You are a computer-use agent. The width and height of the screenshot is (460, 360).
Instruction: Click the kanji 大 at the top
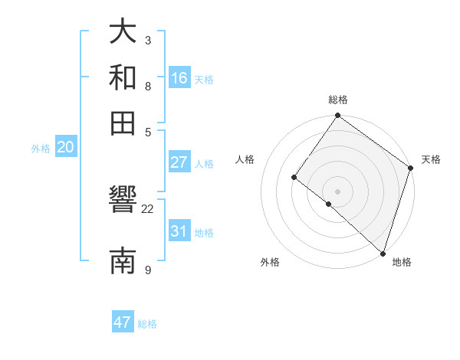pyautogui.click(x=123, y=31)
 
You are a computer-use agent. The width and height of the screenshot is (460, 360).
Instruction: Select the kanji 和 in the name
pyautogui.click(x=123, y=77)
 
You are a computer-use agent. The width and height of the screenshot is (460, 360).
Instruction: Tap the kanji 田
pyautogui.click(x=123, y=123)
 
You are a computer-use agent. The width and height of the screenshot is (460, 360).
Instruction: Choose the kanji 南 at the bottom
pyautogui.click(x=123, y=260)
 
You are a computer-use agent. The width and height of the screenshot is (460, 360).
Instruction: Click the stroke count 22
pyautogui.click(x=148, y=208)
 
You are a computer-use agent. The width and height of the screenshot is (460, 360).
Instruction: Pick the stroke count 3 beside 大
pyautogui.click(x=148, y=40)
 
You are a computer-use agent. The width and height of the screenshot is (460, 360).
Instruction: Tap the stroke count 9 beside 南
pyautogui.click(x=148, y=270)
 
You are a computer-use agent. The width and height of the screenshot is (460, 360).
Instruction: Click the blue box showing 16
pyautogui.click(x=179, y=77)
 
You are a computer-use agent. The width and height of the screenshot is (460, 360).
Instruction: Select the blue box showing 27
pyautogui.click(x=179, y=162)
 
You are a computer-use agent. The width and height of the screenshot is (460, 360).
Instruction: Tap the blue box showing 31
pyautogui.click(x=179, y=231)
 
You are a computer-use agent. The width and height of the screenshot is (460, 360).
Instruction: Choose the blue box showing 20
pyautogui.click(x=65, y=148)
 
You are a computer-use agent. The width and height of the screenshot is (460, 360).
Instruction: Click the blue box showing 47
pyautogui.click(x=123, y=322)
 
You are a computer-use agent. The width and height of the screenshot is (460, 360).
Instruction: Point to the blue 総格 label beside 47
pyautogui.click(x=147, y=324)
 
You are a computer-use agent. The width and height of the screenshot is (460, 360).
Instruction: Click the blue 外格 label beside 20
pyautogui.click(x=41, y=149)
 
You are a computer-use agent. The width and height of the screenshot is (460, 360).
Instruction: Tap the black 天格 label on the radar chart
pyautogui.click(x=431, y=159)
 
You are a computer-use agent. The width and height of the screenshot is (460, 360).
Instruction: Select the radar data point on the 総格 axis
pyautogui.click(x=337, y=116)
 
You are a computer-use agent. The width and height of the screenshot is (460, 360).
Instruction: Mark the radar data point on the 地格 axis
pyautogui.click(x=383, y=253)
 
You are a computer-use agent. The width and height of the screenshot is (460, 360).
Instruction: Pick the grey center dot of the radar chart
pyautogui.click(x=337, y=191)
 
